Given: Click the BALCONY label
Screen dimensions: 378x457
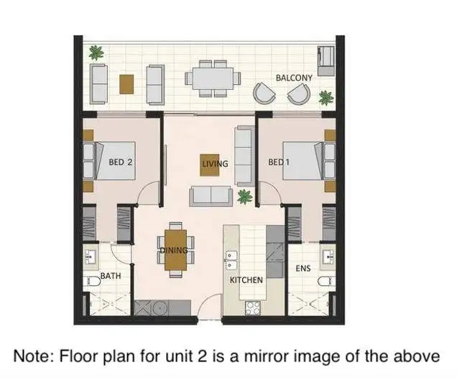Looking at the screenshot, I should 294,77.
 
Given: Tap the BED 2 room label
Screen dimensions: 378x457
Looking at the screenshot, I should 120,162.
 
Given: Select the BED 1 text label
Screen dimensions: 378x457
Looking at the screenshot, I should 279,162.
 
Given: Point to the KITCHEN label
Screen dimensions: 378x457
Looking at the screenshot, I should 246,280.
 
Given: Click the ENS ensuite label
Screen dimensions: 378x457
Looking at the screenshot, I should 303,268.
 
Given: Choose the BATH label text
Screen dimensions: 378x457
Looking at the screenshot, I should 110,275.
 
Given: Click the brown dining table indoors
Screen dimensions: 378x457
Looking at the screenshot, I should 176,249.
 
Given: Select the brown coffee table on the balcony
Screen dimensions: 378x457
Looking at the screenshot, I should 126,84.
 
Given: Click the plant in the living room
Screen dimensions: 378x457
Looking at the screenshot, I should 244,195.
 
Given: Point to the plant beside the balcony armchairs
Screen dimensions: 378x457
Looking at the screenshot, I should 326,96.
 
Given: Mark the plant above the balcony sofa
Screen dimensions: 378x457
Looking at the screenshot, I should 96,52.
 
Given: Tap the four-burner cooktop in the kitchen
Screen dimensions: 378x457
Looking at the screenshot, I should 252,307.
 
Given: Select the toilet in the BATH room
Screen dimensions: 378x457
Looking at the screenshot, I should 91,282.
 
